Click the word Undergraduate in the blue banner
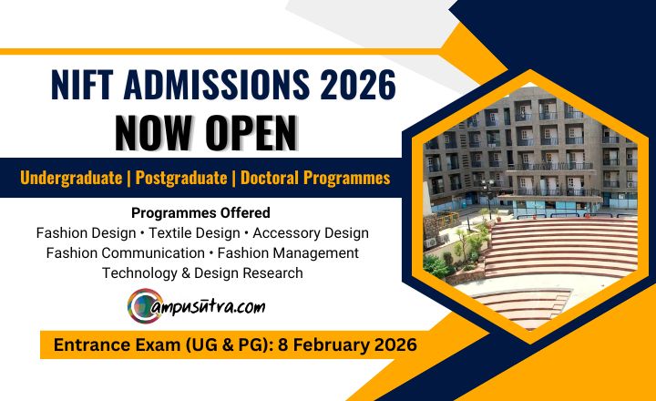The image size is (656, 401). coord(71,178)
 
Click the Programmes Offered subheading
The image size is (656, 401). coord(200,213)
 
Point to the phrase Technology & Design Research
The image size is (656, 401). coord(202,272)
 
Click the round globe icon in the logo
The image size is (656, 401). coord(144,306)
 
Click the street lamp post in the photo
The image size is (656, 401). coord(487,196)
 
